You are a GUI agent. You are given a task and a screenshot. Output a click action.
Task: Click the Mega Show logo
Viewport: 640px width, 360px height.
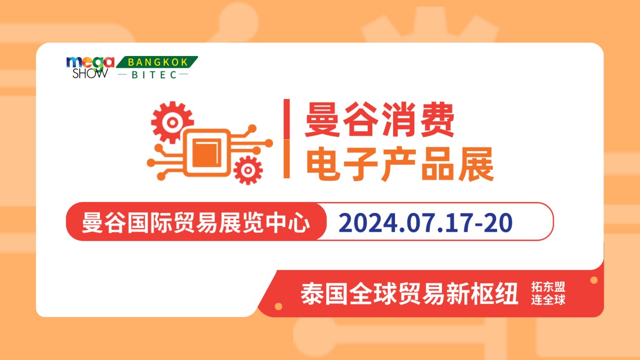(90, 67)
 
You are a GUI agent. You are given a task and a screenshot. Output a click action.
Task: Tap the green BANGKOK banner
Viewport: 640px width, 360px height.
(157, 62)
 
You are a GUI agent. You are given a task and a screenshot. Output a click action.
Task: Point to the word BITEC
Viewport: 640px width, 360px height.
(154, 75)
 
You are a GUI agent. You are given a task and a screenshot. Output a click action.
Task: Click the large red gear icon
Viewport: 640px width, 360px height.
(172, 123)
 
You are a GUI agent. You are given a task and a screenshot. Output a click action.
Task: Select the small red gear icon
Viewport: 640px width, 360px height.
(248, 171)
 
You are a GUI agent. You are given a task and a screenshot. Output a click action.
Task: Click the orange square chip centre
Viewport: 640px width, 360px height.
(207, 153)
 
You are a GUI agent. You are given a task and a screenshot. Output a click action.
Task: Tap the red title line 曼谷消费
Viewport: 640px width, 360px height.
(380, 120)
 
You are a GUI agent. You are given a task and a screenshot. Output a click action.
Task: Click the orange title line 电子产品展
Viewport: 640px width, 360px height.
(400, 164)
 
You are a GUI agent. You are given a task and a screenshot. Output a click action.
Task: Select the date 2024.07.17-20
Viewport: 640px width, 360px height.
(425, 223)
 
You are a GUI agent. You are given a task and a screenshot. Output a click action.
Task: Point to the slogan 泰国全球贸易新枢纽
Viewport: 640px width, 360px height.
(409, 293)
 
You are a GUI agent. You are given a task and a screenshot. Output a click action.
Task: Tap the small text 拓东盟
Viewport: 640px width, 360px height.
(548, 287)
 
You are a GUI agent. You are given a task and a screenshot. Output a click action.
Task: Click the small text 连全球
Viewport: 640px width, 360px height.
(548, 300)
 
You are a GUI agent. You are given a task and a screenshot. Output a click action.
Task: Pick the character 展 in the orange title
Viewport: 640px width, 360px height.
(476, 164)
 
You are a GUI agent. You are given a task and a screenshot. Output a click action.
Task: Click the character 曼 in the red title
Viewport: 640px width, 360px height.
(323, 120)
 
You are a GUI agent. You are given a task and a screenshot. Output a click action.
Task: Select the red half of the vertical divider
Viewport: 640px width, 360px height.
(286, 119)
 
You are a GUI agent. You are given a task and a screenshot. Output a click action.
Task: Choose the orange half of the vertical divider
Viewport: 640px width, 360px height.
(286, 159)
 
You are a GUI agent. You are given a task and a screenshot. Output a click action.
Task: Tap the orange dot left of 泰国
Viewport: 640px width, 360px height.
(278, 306)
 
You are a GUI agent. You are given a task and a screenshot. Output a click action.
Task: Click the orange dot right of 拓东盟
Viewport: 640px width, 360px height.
(594, 280)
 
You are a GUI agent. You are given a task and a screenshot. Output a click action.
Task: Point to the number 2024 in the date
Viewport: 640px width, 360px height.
(368, 223)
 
